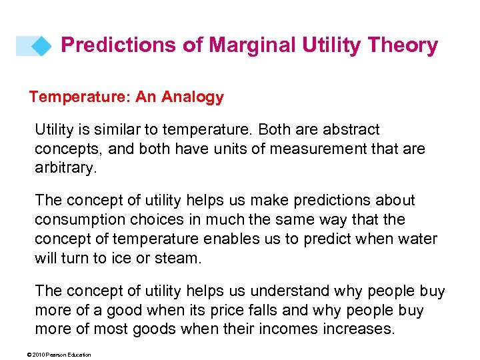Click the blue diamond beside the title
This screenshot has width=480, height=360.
coord(41,46)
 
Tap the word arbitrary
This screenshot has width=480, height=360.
coord(65,167)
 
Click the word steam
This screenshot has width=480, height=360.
coord(180,257)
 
